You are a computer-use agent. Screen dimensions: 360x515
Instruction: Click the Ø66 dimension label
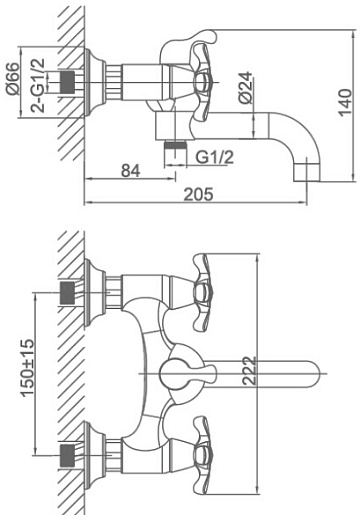(x=14, y=78)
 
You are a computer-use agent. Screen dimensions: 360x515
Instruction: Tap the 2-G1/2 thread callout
(x=38, y=85)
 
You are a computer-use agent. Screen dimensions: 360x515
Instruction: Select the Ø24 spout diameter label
(x=246, y=87)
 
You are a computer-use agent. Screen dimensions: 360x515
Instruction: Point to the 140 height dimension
(x=345, y=102)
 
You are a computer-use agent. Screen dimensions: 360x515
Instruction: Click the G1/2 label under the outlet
(x=215, y=157)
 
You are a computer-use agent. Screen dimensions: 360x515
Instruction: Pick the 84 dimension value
(x=130, y=171)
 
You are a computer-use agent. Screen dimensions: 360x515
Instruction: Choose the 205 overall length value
(x=199, y=194)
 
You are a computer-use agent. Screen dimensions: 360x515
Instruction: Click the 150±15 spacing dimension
(x=28, y=368)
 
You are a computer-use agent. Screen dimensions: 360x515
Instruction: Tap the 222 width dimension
(x=250, y=371)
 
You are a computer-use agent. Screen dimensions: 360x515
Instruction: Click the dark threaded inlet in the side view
(x=67, y=82)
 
